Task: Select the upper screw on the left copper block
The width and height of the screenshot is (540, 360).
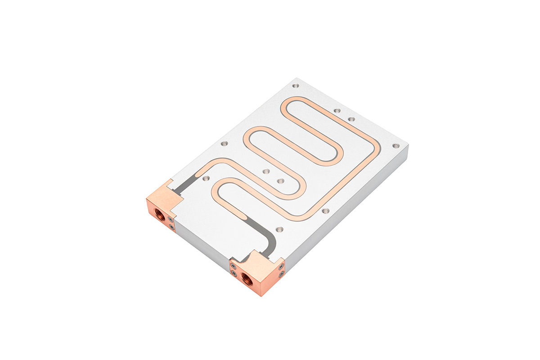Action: point(170,220)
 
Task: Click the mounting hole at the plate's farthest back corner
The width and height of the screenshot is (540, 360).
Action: point(295,85)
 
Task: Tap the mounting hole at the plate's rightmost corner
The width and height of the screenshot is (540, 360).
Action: point(396,146)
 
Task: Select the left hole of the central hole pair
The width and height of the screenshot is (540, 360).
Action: point(266,171)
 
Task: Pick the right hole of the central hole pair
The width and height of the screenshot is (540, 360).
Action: point(280,181)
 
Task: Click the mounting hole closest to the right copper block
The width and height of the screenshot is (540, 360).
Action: point(279,229)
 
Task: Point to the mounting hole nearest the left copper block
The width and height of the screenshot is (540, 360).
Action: point(206,178)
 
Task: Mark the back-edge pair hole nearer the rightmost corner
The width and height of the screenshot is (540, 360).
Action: point(351,119)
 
